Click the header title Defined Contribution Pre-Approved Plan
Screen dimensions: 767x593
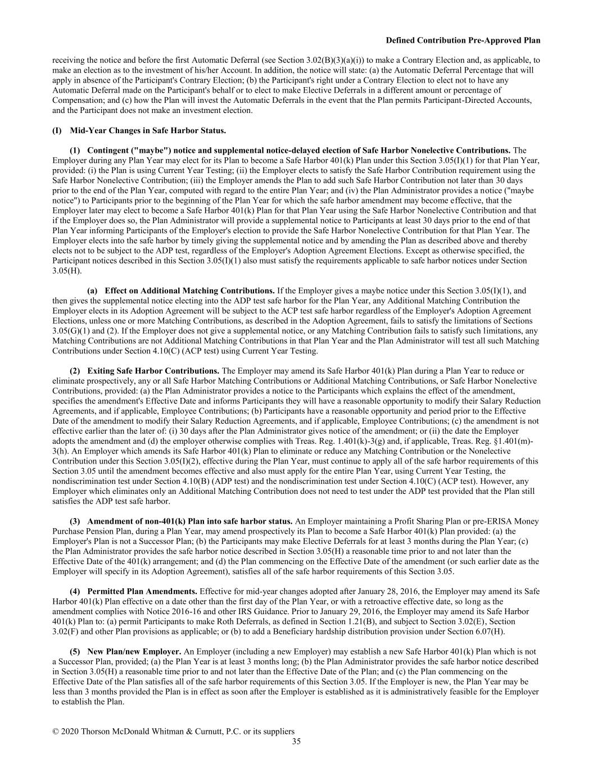[x=463, y=40]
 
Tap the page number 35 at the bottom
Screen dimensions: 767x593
[x=296, y=741]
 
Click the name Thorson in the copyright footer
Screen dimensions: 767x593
[x=96, y=732]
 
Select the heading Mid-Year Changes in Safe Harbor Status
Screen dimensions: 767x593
[x=147, y=131]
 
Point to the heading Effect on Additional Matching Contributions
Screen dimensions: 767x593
[x=189, y=291]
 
